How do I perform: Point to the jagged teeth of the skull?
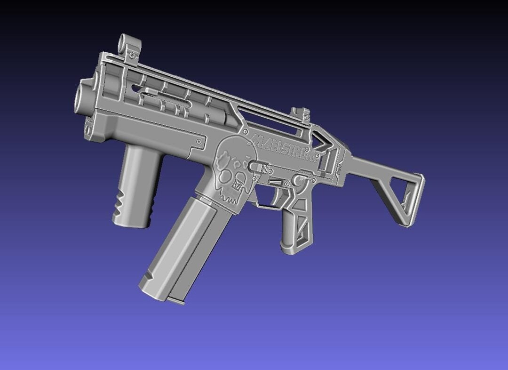[231, 193]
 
